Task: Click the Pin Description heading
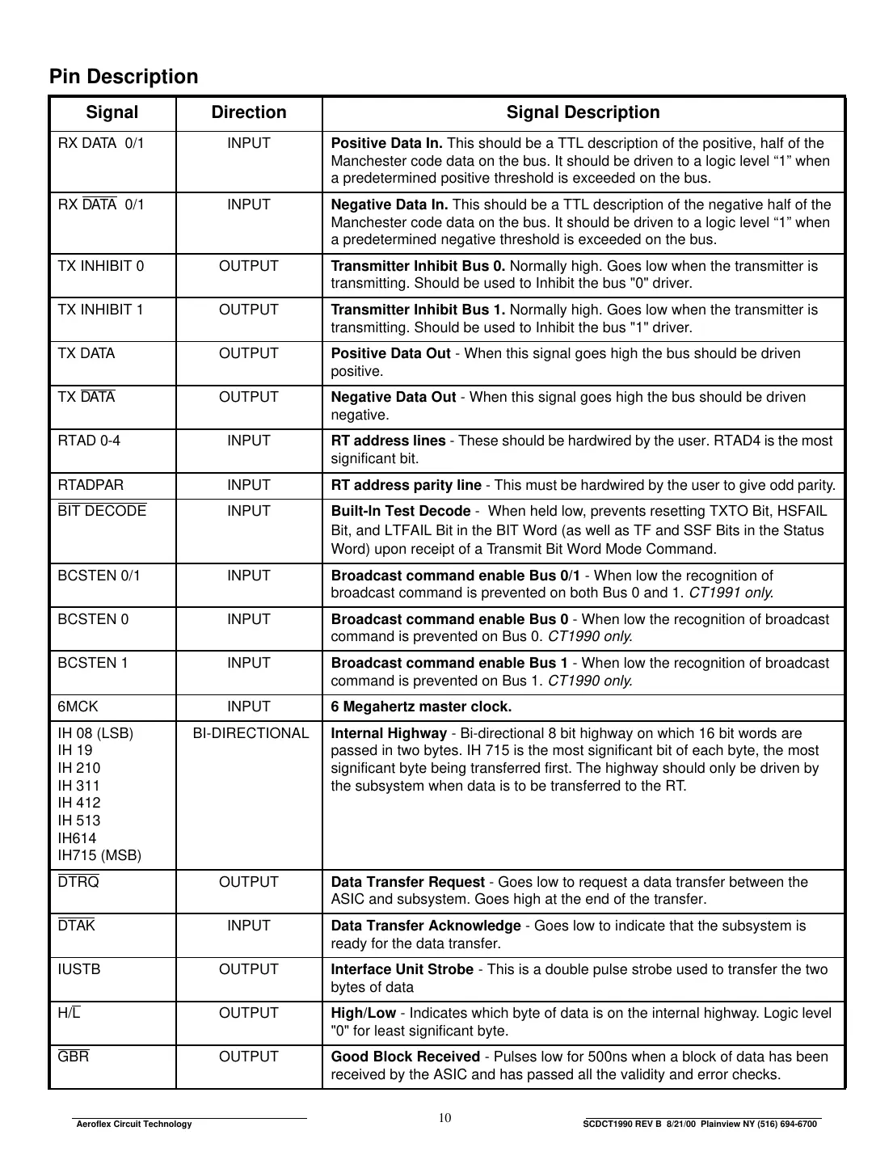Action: [x=124, y=77]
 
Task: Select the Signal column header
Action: [x=112, y=113]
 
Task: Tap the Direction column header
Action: [x=249, y=113]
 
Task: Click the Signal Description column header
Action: [x=583, y=113]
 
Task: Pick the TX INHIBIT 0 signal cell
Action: [x=101, y=266]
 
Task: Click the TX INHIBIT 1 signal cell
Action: [x=101, y=310]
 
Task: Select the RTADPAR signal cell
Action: [x=91, y=485]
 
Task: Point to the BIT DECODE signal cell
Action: [x=102, y=511]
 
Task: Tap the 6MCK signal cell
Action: [x=78, y=707]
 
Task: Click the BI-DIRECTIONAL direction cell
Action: [x=251, y=733]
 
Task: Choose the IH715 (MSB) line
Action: [x=99, y=855]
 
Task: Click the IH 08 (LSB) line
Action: [x=95, y=733]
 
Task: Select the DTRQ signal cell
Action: [x=78, y=882]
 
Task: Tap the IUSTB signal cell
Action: [x=79, y=969]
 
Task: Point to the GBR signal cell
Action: [x=74, y=1057]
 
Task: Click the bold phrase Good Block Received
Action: [x=405, y=1057]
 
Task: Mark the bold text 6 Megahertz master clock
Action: [x=421, y=707]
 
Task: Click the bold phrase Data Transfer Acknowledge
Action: [x=426, y=926]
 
